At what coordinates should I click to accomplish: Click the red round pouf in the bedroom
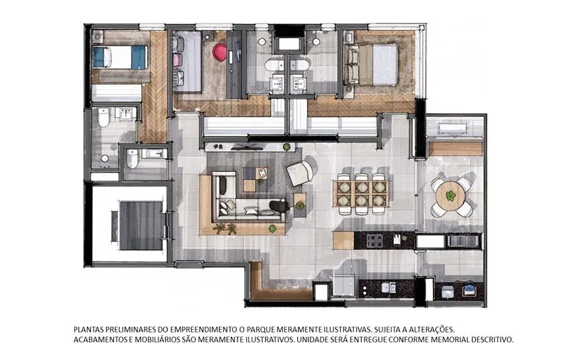click(x=219, y=52)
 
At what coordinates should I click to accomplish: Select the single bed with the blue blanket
click(x=120, y=57)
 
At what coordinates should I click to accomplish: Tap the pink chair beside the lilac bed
click(x=178, y=59)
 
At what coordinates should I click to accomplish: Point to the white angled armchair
click(x=300, y=173)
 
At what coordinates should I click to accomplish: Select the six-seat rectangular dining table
click(x=362, y=193)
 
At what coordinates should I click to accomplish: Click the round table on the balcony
click(x=450, y=197)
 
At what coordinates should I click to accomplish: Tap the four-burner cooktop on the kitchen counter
click(x=375, y=240)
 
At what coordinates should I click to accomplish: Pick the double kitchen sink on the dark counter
click(x=389, y=288)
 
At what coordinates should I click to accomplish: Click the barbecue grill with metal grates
click(x=464, y=240)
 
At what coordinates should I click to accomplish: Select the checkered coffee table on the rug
click(x=255, y=179)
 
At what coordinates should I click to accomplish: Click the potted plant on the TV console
click(x=286, y=147)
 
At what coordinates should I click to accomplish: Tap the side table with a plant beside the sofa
click(x=300, y=205)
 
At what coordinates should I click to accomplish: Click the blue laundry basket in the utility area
click(x=468, y=289)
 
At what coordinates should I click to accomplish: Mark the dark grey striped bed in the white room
click(x=140, y=226)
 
